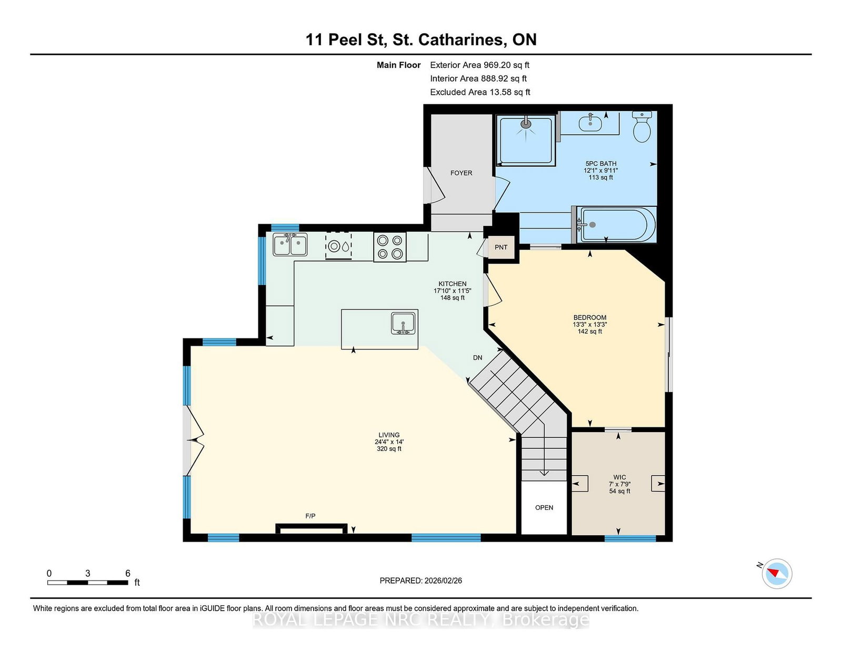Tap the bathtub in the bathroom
coord(616,225)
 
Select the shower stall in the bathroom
coord(526,141)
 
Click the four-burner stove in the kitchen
coord(390,247)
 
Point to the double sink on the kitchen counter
coord(290,245)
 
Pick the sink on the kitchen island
coord(403,323)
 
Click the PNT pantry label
coord(501,247)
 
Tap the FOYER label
coord(461,173)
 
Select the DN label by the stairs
coord(477,358)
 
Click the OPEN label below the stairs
coord(544,508)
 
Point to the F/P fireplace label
coord(310,516)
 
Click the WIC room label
coord(619,477)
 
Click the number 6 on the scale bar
coord(127,573)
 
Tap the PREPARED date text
coord(421,580)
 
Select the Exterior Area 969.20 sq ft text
coord(480,65)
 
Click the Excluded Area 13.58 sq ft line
coord(480,92)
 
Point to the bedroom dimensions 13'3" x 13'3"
coord(590,324)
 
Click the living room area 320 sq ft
coord(389,449)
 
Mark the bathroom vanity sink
coord(590,123)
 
